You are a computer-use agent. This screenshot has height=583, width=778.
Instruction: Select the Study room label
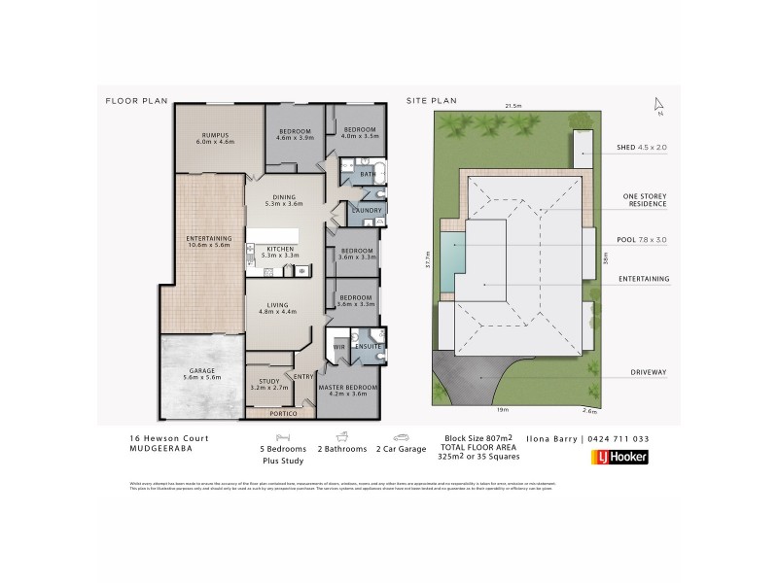[262, 381]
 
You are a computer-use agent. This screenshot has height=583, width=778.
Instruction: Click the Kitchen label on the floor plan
[279, 250]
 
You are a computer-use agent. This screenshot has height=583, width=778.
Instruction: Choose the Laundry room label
[367, 210]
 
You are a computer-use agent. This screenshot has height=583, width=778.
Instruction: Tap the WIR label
[340, 346]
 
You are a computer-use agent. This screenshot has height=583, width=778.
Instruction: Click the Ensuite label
[368, 346]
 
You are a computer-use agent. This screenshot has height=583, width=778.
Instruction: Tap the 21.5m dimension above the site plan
[513, 105]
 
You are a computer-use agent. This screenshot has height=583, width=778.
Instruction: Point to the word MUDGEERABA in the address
[159, 449]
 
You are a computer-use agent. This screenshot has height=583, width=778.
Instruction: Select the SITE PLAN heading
[430, 99]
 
